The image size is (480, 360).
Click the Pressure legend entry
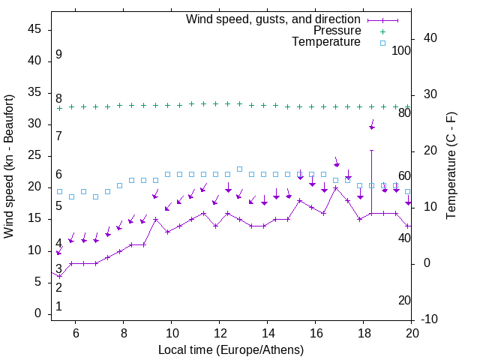point(337,31)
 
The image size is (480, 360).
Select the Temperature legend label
point(326,43)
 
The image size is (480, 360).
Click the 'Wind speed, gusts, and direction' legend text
point(274,19)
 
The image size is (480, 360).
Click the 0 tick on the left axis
point(38,313)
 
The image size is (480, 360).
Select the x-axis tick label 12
point(219,334)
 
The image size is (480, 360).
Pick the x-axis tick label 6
point(76,334)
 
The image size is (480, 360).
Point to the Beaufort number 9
point(58,55)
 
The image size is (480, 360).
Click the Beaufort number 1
point(58,306)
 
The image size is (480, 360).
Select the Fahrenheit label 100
point(401,50)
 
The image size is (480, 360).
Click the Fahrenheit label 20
point(404,300)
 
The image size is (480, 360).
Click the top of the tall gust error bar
point(371,150)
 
